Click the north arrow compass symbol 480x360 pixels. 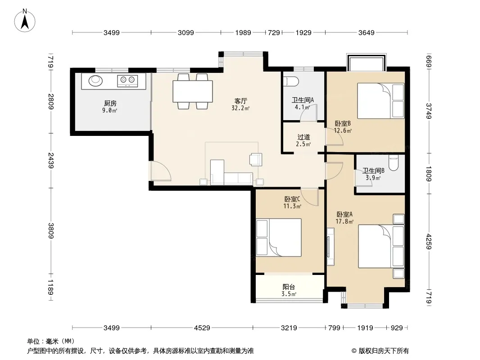[25, 21]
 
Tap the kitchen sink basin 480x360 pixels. [95, 81]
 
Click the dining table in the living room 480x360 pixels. [193, 91]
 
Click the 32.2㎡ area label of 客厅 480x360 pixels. [240, 108]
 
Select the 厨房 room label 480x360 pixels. [110, 103]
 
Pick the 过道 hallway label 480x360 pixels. [303, 137]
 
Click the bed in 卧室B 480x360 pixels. [380, 101]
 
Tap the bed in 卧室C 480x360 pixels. [279, 237]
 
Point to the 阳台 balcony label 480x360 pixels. [289, 287]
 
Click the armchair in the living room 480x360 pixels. [256, 159]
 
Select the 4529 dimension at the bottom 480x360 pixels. [202, 328]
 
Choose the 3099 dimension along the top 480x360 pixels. [186, 33]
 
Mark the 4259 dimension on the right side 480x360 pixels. [429, 241]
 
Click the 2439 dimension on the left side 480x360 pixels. [51, 161]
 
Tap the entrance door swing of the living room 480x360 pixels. [160, 171]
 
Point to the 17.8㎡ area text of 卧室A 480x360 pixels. [345, 221]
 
